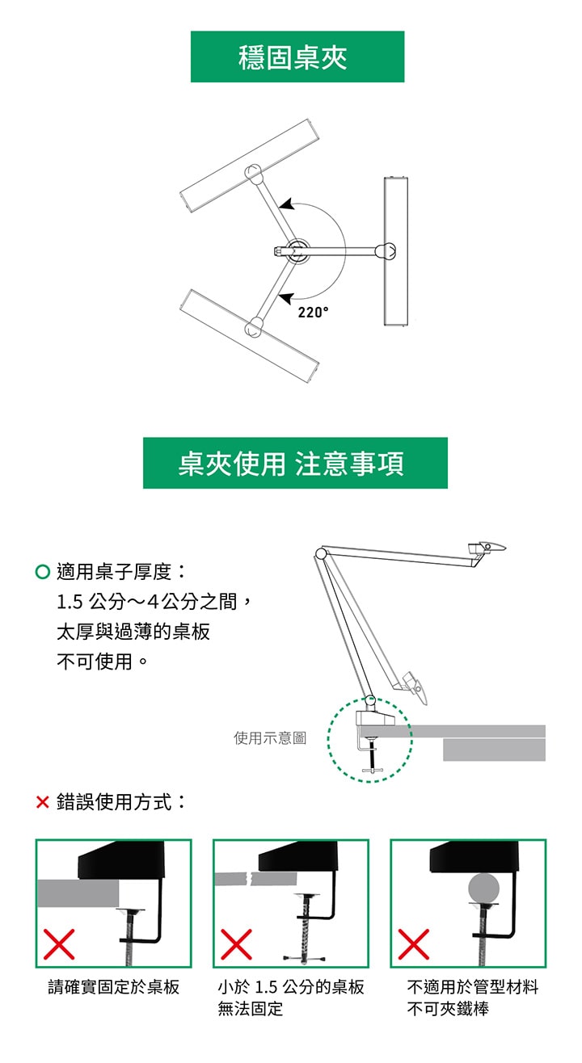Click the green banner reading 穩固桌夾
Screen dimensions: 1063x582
(297, 57)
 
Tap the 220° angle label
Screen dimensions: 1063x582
(313, 313)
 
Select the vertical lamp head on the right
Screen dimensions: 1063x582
(396, 251)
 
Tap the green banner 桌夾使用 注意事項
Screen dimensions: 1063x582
(295, 463)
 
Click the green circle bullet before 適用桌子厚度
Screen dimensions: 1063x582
(43, 573)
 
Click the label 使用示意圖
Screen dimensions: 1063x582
(270, 737)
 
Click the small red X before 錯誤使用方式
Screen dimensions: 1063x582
(43, 803)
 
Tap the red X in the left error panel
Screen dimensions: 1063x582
(60, 943)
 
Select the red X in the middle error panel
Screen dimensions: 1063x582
(236, 943)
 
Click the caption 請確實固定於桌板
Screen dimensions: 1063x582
(114, 987)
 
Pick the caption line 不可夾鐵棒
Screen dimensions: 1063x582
(448, 1009)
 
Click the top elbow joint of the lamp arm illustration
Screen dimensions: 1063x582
(321, 554)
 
